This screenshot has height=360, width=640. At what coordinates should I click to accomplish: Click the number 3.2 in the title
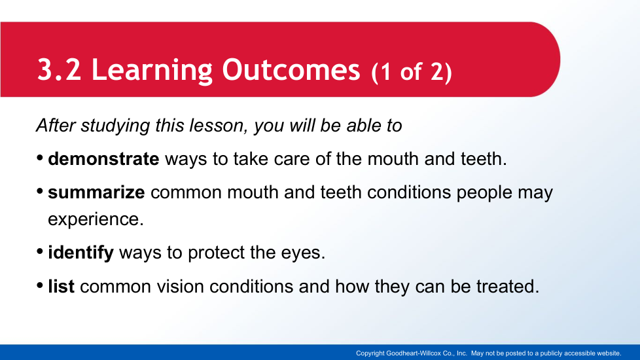tap(59, 70)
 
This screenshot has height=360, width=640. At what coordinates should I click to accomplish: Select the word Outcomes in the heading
tap(291, 70)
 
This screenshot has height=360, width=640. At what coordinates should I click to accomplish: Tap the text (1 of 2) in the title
tap(412, 72)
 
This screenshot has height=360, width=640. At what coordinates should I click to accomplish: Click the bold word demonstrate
tap(103, 159)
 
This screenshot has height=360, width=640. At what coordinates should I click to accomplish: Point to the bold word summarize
tap(96, 192)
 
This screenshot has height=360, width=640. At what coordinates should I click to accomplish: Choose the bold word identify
tap(80, 253)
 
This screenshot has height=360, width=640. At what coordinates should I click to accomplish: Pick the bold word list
tap(62, 286)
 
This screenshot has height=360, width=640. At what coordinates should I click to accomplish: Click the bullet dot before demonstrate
tap(40, 158)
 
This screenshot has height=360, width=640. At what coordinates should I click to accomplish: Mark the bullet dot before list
tap(40, 285)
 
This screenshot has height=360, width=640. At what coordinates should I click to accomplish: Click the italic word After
tap(56, 125)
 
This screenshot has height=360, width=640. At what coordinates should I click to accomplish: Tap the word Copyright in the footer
tap(370, 353)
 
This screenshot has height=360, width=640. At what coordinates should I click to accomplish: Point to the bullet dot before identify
tap(40, 251)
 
